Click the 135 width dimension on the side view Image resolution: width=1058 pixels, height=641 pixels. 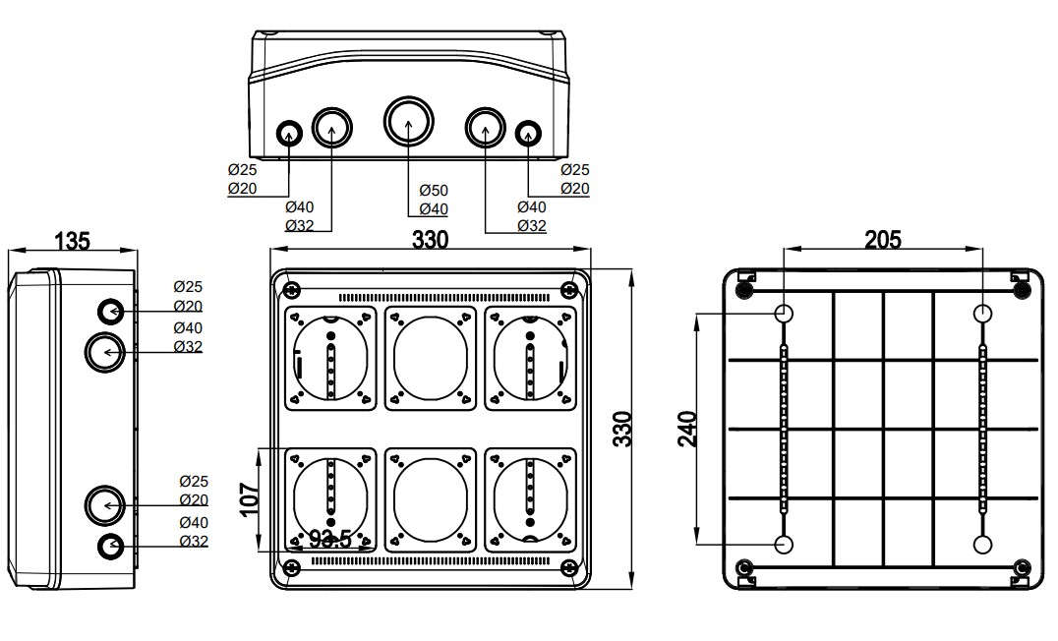pyautogui.click(x=73, y=240)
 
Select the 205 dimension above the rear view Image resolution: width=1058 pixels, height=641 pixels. pyautogui.click(x=882, y=239)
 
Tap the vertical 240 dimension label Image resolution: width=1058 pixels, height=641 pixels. pyautogui.click(x=688, y=430)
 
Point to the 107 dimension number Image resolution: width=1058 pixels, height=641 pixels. pyautogui.click(x=248, y=498)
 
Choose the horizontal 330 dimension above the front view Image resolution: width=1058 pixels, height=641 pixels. pyautogui.click(x=430, y=240)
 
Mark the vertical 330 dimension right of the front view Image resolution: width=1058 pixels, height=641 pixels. pyautogui.click(x=621, y=430)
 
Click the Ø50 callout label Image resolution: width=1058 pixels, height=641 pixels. pyautogui.click(x=433, y=189)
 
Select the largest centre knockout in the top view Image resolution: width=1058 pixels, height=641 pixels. pyautogui.click(x=407, y=122)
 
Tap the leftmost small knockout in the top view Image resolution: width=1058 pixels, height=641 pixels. pyautogui.click(x=289, y=133)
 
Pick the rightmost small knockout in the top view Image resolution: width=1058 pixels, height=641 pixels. pyautogui.click(x=528, y=133)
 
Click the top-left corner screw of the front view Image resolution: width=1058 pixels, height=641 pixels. pyautogui.click(x=291, y=289)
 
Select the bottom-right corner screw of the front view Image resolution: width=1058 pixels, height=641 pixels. pyautogui.click(x=568, y=567)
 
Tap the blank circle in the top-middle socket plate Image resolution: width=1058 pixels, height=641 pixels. pyautogui.click(x=430, y=357)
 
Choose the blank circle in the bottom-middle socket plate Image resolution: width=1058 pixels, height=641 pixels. pyautogui.click(x=430, y=498)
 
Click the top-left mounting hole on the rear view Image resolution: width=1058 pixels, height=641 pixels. pyautogui.click(x=784, y=314)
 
